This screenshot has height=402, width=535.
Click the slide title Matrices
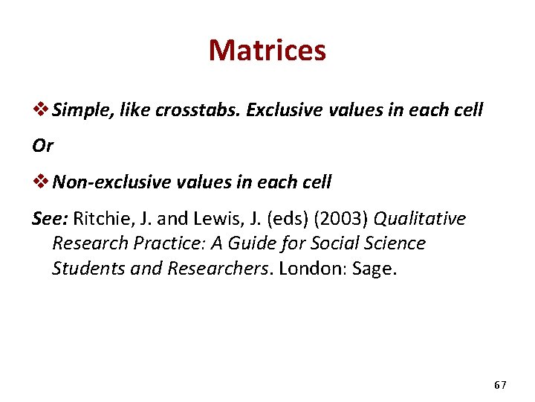(267, 51)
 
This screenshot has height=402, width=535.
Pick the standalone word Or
(43, 146)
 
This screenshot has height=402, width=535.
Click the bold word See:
(51, 219)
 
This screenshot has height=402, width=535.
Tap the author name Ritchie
(101, 219)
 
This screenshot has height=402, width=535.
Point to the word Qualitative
(420, 219)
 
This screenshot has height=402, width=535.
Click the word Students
(84, 268)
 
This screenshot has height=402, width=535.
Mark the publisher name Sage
(377, 269)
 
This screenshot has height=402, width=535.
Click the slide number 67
(499, 385)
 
